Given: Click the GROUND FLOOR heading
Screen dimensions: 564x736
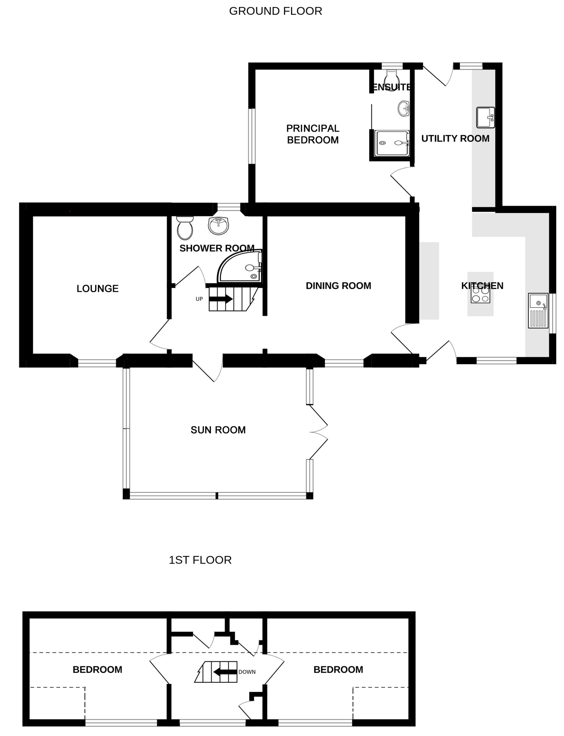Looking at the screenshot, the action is [275, 11].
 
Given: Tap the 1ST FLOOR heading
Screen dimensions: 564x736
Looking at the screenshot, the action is [200, 560].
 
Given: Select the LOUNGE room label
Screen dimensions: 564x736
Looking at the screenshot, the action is [97, 288].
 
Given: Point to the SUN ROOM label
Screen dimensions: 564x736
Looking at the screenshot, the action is [218, 430].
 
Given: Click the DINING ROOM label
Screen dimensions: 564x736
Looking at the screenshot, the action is [339, 285].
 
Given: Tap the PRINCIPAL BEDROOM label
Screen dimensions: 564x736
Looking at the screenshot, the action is [313, 134].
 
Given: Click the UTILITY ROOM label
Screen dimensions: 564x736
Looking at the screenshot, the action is [455, 138].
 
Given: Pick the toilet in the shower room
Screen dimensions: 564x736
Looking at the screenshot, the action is [185, 228].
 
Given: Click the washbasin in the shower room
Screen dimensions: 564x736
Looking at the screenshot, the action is [218, 225].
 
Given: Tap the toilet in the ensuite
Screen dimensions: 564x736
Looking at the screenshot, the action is [391, 80].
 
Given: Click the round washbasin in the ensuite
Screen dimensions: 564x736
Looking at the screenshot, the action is [404, 108].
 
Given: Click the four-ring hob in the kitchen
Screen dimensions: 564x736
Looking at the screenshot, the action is [480, 294].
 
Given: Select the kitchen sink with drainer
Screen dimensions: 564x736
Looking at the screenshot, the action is [538, 310].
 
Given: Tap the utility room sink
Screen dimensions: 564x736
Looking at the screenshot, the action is [485, 118].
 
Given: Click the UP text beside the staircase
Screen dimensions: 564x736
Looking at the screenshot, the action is [199, 299].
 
